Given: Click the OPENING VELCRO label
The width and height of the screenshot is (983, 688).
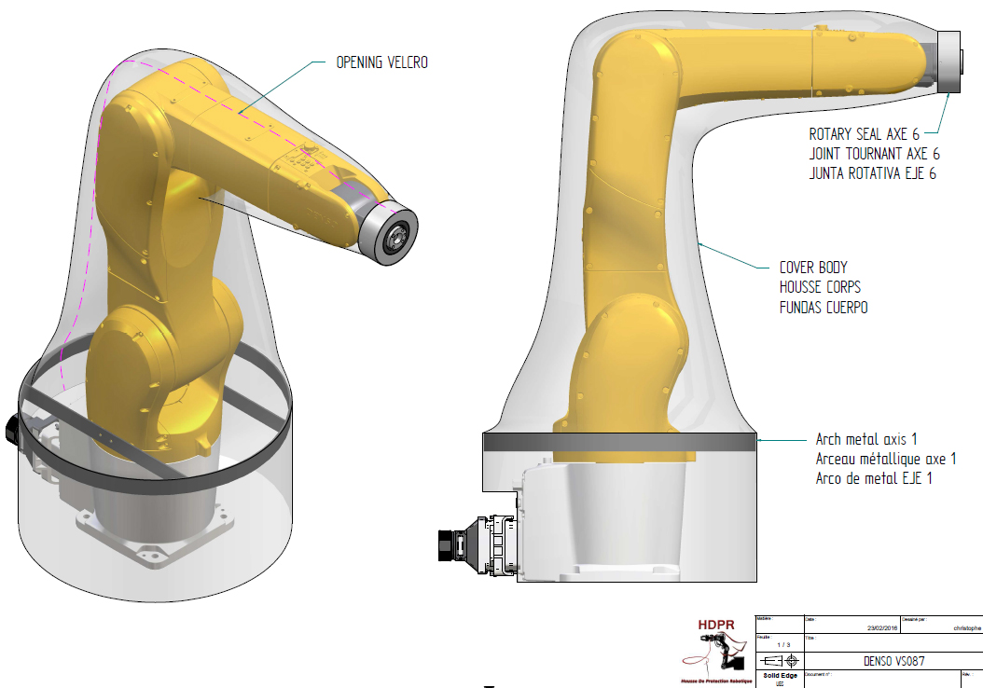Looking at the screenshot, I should [x=381, y=63].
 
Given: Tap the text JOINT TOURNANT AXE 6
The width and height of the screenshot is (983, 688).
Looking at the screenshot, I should [x=873, y=154].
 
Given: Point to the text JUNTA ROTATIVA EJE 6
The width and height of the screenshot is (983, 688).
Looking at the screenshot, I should [x=872, y=173].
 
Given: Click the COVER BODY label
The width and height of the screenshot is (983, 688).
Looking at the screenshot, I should [x=814, y=267].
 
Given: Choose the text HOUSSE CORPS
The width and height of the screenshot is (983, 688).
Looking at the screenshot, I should [x=821, y=286].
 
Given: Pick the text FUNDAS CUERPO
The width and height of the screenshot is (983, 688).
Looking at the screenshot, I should [x=824, y=307].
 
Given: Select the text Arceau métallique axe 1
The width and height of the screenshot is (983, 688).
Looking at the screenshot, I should [x=886, y=459].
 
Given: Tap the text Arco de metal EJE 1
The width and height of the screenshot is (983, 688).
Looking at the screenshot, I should [x=874, y=478].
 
